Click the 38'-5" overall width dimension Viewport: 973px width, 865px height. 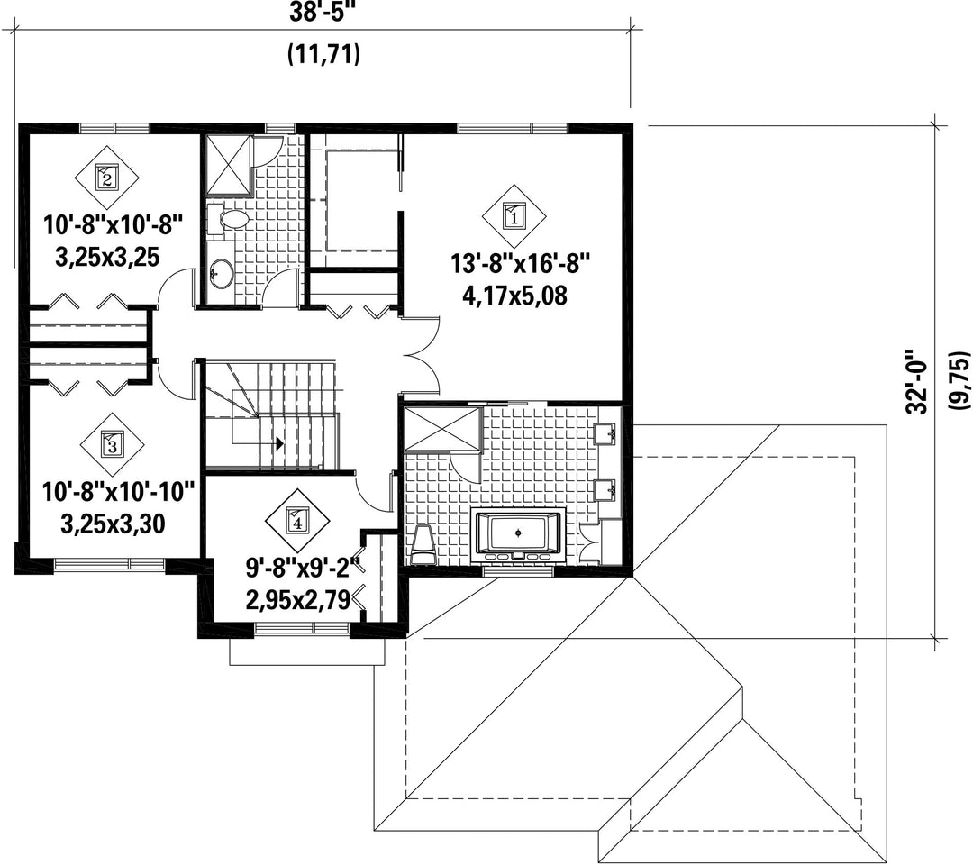point(323,13)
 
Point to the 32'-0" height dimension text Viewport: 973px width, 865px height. point(916,382)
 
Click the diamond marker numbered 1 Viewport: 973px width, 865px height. point(514,216)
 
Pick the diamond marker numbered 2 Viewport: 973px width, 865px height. point(107,178)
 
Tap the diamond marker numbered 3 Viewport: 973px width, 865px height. point(112,445)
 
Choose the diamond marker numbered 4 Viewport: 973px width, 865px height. point(297,521)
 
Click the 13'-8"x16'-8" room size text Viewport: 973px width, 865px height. point(520,265)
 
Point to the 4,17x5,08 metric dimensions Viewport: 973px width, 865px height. point(514,296)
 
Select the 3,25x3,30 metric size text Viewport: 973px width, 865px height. point(113,524)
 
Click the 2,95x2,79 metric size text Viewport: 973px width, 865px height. point(298,600)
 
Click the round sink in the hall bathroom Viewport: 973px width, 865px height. point(221,272)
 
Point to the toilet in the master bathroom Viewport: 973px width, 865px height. point(423,545)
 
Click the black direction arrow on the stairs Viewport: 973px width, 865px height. point(279,443)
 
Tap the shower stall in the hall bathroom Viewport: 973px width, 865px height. point(229,164)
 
